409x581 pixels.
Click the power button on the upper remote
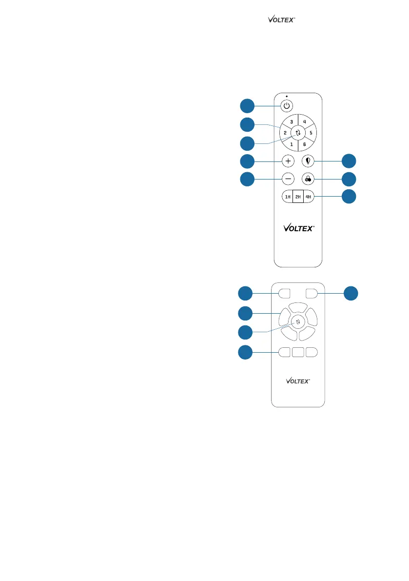click(287, 105)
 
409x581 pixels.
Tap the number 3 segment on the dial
click(291, 121)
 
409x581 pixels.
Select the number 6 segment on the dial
click(305, 144)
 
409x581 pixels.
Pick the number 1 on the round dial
click(291, 144)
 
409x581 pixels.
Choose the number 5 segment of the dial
click(311, 133)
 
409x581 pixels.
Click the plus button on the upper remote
click(288, 161)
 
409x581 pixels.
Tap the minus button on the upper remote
click(288, 179)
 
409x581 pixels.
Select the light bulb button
click(308, 161)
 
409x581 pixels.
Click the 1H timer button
click(288, 197)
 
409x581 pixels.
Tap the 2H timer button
click(298, 197)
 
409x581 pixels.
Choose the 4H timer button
click(308, 197)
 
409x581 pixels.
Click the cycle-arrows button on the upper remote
click(298, 133)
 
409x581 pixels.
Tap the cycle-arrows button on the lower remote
click(298, 321)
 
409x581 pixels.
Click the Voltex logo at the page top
click(282, 20)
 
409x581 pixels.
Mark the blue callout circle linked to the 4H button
click(349, 197)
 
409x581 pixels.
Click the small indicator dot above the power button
click(287, 96)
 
